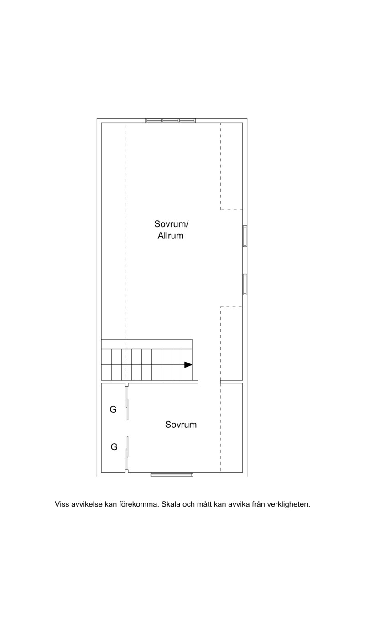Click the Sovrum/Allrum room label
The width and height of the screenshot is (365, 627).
coord(171,230)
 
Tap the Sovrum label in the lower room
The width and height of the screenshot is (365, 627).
coord(181,425)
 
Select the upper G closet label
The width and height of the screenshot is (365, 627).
coord(113,409)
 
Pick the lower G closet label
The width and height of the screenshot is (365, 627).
coord(114,447)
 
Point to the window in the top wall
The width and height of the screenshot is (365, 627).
coord(170,121)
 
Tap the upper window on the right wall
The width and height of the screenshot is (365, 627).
coord(245,236)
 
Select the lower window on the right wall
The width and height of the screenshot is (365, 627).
coord(245,284)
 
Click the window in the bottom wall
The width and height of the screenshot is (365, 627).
coord(172,475)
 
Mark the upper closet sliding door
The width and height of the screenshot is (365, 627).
coord(127,403)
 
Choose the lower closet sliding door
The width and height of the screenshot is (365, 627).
coord(127,453)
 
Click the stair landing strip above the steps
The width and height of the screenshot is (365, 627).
coord(146,344)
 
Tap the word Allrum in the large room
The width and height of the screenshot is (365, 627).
coord(170,236)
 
